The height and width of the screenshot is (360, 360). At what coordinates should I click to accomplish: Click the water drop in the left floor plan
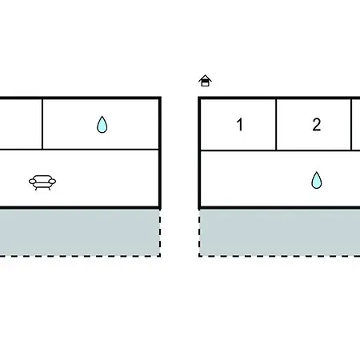(x=102, y=125)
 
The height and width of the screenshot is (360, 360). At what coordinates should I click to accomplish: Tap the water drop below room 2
(x=317, y=180)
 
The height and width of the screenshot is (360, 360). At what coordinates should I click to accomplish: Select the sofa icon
(x=42, y=182)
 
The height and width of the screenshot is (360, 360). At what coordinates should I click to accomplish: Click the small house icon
(x=205, y=81)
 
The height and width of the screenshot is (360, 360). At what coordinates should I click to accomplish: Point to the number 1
(x=240, y=125)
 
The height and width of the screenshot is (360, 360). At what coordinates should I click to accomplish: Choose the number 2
(x=317, y=125)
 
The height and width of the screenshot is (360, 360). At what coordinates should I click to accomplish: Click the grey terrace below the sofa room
(x=79, y=233)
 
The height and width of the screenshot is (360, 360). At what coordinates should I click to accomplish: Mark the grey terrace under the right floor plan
(x=279, y=233)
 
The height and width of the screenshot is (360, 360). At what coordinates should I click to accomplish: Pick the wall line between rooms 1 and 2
(x=276, y=125)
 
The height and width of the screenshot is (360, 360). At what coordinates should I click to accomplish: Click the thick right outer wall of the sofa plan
(x=160, y=153)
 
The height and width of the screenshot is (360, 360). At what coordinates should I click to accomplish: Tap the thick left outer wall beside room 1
(x=199, y=153)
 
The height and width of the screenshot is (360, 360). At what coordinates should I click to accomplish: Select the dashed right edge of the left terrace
(x=160, y=233)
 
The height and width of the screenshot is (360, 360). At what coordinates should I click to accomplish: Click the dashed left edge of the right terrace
(x=199, y=233)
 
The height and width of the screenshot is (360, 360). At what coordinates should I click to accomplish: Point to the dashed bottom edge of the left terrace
(x=80, y=256)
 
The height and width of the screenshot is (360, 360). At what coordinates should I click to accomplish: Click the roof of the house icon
(x=205, y=78)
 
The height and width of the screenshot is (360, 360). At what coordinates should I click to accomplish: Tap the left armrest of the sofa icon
(x=32, y=182)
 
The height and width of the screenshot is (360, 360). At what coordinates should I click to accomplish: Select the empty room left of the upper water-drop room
(x=21, y=124)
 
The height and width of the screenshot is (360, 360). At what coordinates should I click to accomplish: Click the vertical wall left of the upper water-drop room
(x=42, y=124)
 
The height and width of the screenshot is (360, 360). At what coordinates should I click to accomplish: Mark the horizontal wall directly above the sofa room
(x=79, y=150)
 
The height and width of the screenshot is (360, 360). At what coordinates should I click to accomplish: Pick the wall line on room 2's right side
(x=351, y=125)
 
